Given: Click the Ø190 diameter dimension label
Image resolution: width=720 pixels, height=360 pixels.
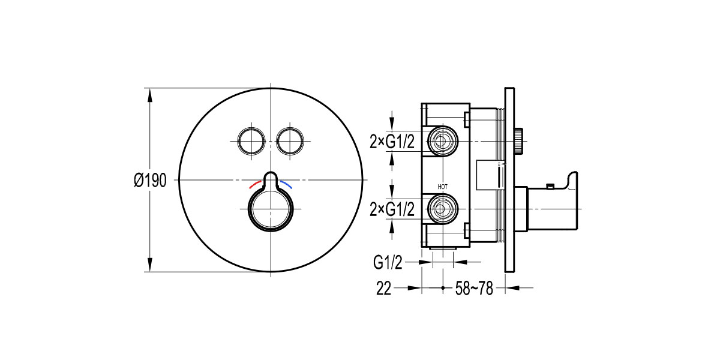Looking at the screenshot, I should (x=150, y=181).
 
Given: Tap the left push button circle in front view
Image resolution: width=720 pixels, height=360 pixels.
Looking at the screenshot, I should (x=251, y=140).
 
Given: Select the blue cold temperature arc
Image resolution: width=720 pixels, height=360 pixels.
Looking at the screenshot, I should (x=289, y=182).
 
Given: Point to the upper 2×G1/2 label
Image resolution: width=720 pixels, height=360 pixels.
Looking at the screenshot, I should (x=392, y=142).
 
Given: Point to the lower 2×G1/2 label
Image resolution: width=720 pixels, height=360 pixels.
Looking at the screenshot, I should (x=392, y=209).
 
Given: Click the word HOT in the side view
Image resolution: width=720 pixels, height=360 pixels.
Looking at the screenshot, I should (x=443, y=187).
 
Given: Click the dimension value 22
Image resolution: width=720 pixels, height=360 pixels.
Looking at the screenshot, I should (x=384, y=289).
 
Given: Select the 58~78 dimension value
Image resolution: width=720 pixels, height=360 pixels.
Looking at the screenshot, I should (x=474, y=289).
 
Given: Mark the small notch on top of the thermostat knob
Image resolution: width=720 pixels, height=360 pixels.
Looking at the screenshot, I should (x=271, y=179).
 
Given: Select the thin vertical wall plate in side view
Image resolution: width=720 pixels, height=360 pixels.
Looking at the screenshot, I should (x=509, y=180).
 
